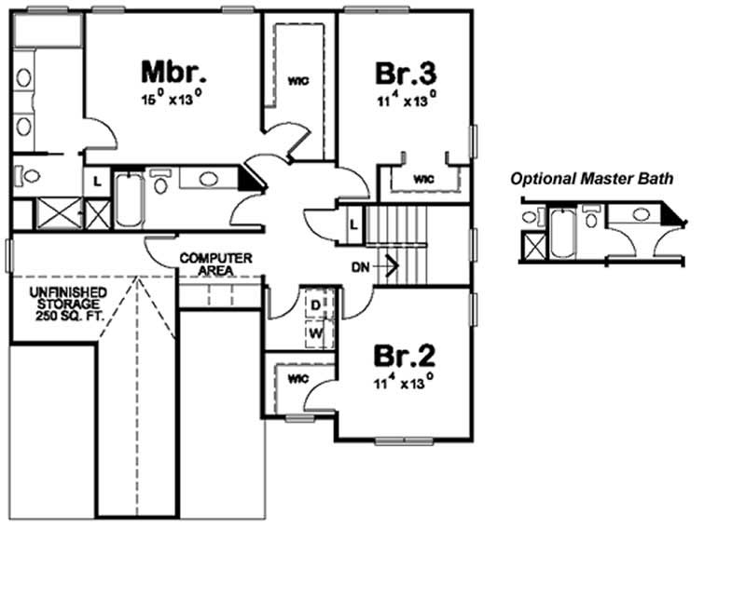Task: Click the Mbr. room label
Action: pos(173,71)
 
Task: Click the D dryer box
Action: pos(315,305)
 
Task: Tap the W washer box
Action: pos(315,332)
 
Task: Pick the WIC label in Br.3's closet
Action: pos(423,177)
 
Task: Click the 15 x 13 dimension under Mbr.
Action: pos(173,95)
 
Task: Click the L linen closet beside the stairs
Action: pos(353,224)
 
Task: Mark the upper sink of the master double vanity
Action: pos(24,77)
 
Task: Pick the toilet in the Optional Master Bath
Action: pos(590,219)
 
